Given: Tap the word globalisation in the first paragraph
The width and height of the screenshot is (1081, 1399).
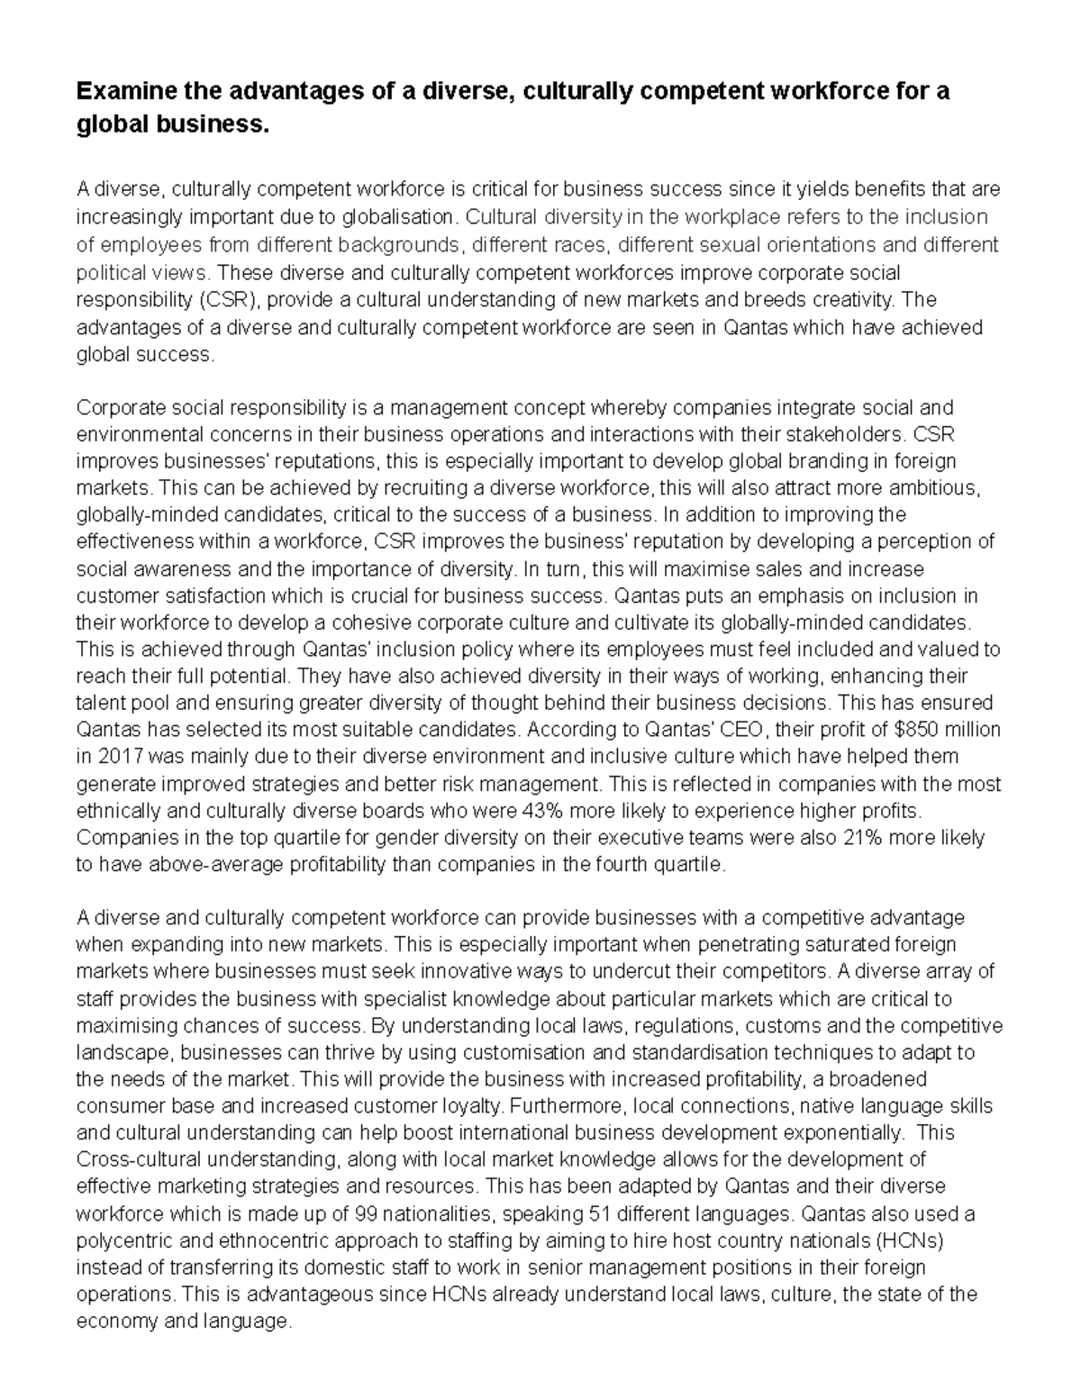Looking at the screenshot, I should [x=405, y=217].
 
